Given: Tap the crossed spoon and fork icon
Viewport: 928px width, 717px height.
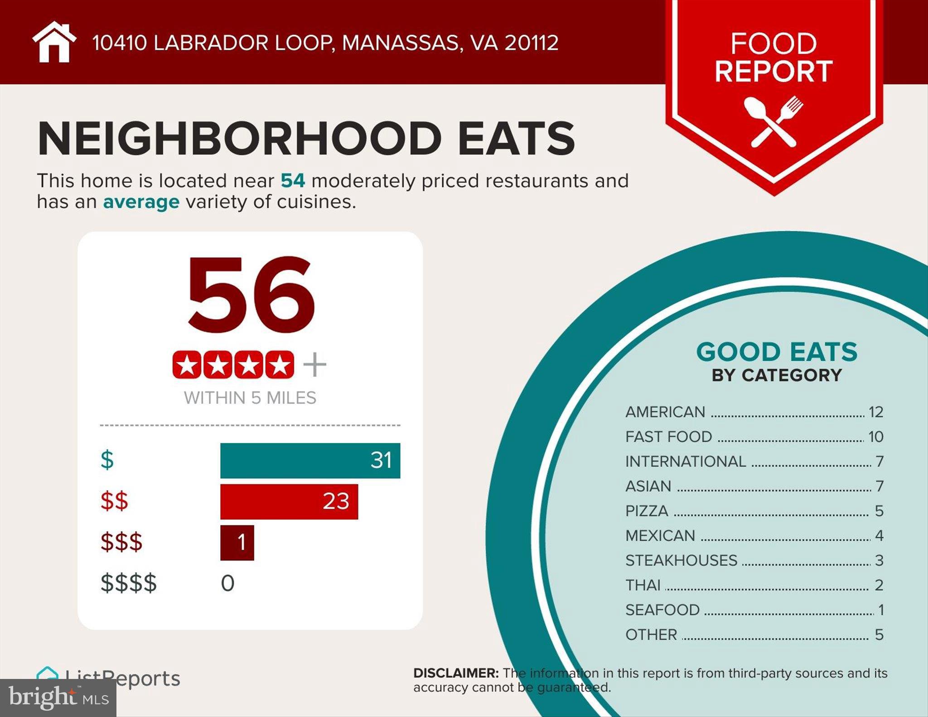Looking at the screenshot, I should (x=773, y=121).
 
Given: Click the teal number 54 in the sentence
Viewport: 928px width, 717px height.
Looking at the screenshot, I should (x=293, y=181).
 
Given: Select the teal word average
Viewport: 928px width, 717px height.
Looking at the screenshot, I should (x=141, y=202).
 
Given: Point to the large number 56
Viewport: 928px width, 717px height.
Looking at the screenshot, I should (x=251, y=294).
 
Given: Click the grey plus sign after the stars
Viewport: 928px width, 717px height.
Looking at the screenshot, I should (x=314, y=365).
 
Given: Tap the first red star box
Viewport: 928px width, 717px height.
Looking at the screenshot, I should (x=187, y=365).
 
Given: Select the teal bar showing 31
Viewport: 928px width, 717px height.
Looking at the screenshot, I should (x=310, y=461).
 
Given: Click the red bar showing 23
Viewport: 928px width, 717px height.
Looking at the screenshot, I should (x=289, y=501).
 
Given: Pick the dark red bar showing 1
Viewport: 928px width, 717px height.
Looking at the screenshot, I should (x=237, y=543).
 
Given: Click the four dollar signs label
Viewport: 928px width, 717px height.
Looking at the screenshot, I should (x=129, y=583).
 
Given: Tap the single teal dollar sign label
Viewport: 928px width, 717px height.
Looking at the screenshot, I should (x=107, y=460).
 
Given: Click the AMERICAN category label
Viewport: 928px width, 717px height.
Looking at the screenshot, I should (x=665, y=412).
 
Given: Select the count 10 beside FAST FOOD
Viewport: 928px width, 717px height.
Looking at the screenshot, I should (x=875, y=437).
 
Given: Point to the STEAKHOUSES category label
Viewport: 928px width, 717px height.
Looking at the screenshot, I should (x=681, y=561).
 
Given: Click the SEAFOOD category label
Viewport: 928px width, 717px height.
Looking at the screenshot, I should (x=662, y=610).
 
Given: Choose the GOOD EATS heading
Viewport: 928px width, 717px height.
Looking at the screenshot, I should (x=776, y=352).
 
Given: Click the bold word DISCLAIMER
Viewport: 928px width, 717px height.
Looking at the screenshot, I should (x=455, y=673).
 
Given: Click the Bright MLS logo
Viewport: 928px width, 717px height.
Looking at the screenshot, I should (x=58, y=698).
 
